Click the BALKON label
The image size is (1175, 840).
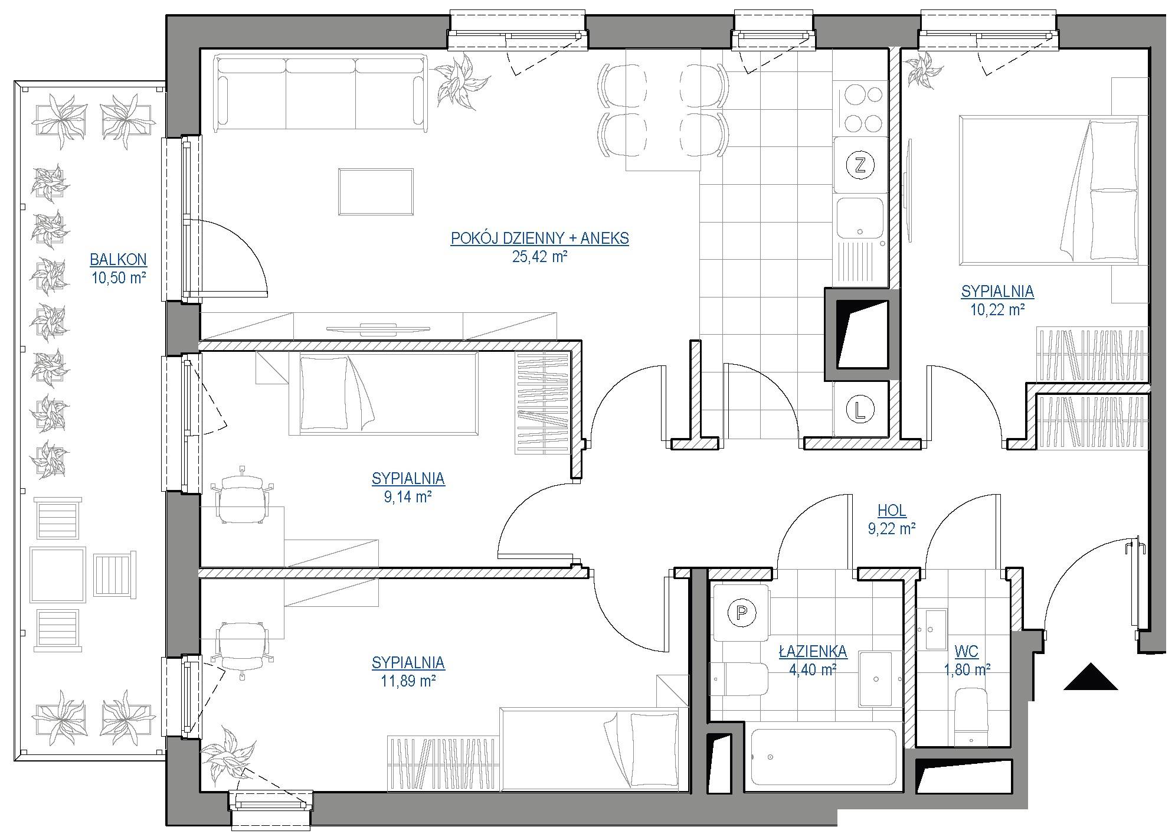(x=118, y=260)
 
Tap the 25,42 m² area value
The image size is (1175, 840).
(x=539, y=257)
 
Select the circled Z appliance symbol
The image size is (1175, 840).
(x=860, y=165)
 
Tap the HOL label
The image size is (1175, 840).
(x=892, y=511)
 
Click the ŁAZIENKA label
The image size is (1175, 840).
(x=813, y=652)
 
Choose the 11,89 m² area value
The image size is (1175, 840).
(x=408, y=681)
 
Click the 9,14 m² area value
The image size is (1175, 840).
(x=408, y=497)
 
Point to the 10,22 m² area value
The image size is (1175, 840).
(x=997, y=309)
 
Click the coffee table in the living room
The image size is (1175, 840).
(x=375, y=192)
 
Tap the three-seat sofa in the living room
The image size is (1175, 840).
(x=321, y=93)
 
